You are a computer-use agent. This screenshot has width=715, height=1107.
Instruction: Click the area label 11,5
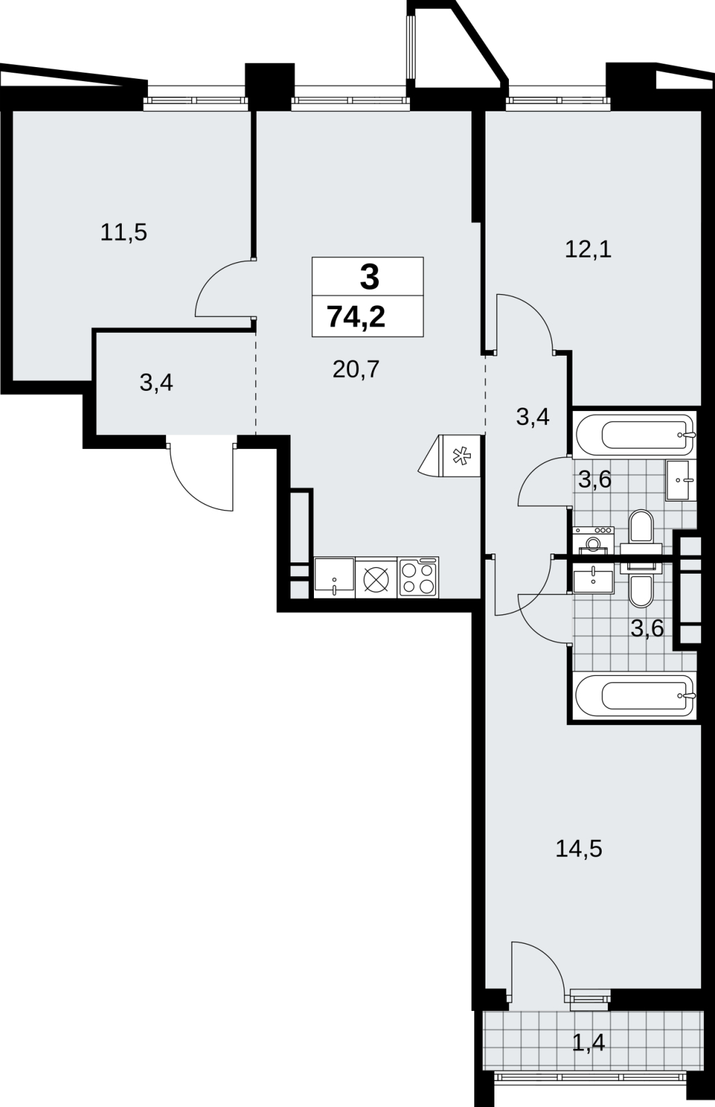pos(124,232)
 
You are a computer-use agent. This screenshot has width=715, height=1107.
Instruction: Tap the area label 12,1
pos(588,250)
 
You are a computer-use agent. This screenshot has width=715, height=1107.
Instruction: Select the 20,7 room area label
pos(355,369)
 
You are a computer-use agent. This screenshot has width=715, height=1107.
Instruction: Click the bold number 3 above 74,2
pos(369,277)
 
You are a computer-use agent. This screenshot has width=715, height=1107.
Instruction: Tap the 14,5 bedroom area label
pos(579,849)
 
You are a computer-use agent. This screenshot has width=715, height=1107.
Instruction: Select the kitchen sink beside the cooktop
pos(334,577)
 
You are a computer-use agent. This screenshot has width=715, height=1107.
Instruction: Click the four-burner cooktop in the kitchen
pos(418,577)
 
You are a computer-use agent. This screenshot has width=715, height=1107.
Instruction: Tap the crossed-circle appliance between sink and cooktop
pos(376,578)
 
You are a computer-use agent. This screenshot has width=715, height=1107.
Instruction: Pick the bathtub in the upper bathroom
pos(635,434)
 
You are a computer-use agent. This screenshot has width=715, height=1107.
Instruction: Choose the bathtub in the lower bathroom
pos(635,696)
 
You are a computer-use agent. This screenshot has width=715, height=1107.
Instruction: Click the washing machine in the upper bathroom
pos(593,540)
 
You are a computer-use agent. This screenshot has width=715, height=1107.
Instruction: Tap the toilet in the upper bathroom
pos(642,532)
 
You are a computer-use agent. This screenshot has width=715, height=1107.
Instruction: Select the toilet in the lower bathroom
pos(642,583)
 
